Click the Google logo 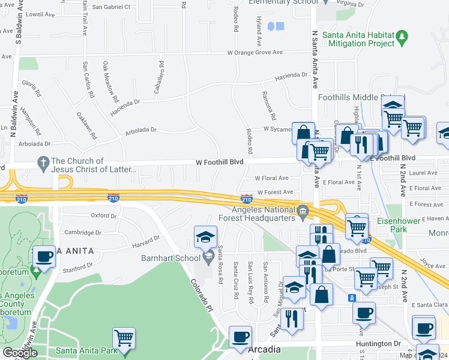pos(20,353)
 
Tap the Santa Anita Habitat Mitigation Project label pos(358,39)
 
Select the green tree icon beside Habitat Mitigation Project pos(402,39)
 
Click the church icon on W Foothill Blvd pos(43,163)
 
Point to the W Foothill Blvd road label pos(219,162)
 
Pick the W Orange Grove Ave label pos(255,53)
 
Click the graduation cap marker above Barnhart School pos(205,236)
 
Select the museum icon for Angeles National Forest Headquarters pos(303,211)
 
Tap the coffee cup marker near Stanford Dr pos(44,257)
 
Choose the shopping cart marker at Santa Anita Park pos(124,338)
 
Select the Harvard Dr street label pos(146,239)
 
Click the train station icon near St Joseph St pos(352,298)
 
